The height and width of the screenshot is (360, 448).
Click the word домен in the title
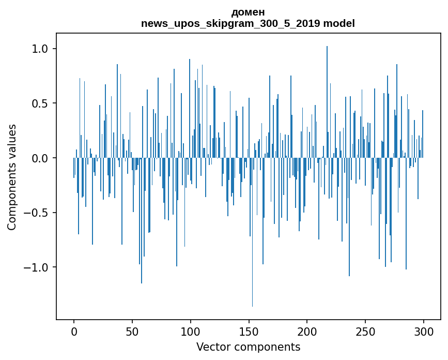(x=248, y=12)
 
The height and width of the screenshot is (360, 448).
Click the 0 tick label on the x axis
(x=74, y=331)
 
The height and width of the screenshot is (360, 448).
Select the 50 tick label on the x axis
(x=132, y=331)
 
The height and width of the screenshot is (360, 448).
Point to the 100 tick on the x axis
(x=191, y=331)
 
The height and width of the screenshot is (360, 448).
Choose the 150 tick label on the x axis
(x=249, y=331)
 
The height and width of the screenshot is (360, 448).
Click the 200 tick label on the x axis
(x=307, y=331)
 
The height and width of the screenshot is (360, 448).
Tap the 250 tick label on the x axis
(x=365, y=331)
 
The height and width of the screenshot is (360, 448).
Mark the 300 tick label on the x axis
(x=424, y=331)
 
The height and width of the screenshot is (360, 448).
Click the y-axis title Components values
(x=12, y=177)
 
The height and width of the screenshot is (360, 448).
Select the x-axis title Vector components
(x=248, y=347)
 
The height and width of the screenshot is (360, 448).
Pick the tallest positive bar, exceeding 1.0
(x=327, y=103)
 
